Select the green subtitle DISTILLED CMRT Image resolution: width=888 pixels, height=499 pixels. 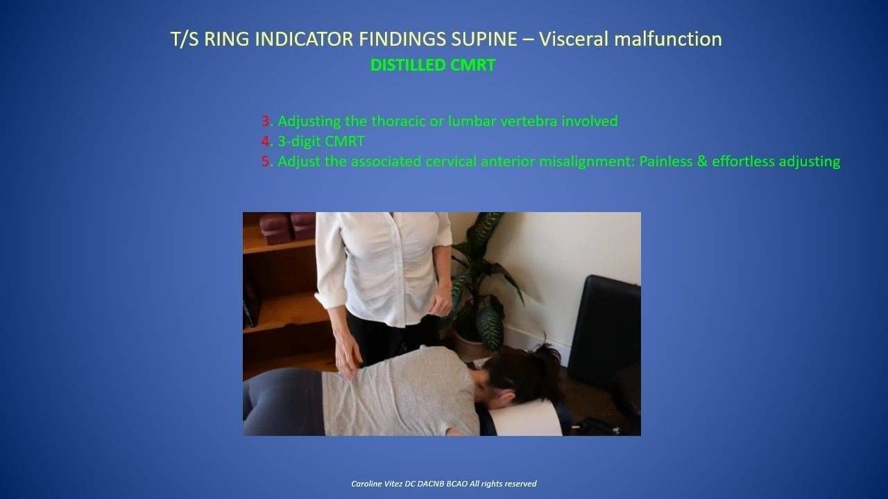(x=432, y=65)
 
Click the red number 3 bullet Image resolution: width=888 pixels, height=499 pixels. (x=265, y=121)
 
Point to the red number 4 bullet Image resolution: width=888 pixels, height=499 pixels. (x=265, y=141)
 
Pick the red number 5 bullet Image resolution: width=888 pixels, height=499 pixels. (x=265, y=161)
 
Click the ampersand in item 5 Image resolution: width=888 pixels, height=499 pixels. (x=701, y=161)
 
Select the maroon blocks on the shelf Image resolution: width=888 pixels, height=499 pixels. (x=287, y=227)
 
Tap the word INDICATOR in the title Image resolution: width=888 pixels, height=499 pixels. (x=304, y=40)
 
